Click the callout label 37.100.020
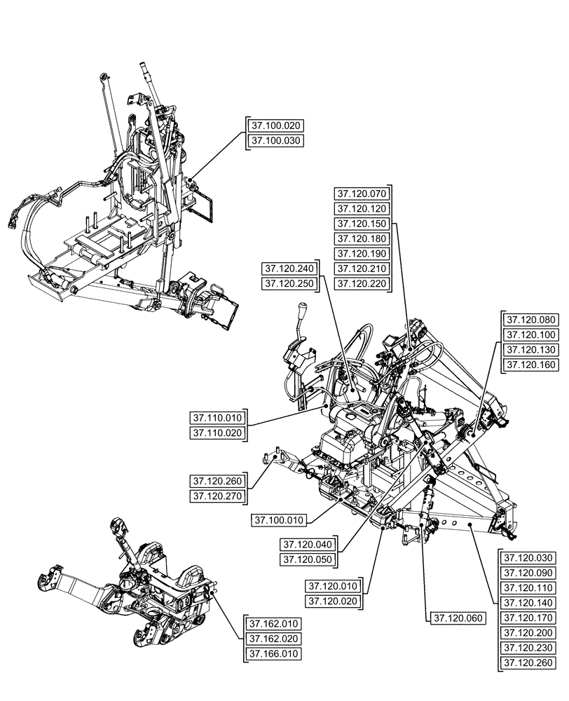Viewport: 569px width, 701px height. coord(275,125)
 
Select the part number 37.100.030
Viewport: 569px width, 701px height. coord(275,141)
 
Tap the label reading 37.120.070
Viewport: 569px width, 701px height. coord(361,193)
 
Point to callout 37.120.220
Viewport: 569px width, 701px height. coord(361,284)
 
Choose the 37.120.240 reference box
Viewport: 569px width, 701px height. coord(288,268)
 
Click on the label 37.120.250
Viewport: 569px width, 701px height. coord(288,284)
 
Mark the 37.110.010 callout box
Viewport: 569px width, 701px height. coord(217,418)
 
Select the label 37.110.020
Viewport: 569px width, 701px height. coord(217,434)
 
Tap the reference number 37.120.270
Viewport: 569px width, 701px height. coord(217,497)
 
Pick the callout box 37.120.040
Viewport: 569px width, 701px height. coord(308,545)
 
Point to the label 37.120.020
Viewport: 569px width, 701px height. coord(332,601)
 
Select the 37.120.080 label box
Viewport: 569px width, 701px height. coord(530,320)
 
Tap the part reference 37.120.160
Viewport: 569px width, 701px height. coord(530,365)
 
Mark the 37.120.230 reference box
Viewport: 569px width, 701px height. coord(528,648)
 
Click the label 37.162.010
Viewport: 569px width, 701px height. coord(273,623)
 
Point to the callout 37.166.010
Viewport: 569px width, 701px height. coord(273,654)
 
